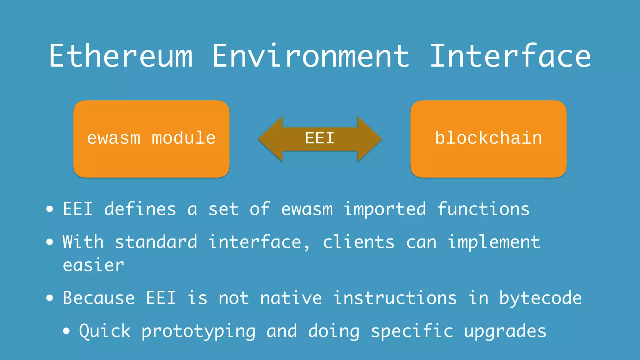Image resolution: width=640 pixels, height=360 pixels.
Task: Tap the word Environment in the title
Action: pyautogui.click(x=311, y=56)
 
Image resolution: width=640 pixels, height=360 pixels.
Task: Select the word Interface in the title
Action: pyautogui.click(x=510, y=56)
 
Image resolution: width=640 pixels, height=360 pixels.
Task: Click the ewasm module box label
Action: pyautogui.click(x=151, y=138)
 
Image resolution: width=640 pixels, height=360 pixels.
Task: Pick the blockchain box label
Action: pyautogui.click(x=488, y=138)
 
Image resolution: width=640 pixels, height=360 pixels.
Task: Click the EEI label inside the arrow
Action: pyautogui.click(x=320, y=138)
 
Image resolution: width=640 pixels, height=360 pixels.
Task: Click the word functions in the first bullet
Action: pyautogui.click(x=483, y=209)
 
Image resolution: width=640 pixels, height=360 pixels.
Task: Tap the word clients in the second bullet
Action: pyautogui.click(x=358, y=242)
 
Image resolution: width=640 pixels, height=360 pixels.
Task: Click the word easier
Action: pyautogui.click(x=93, y=265)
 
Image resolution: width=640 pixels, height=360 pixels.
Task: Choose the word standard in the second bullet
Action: pyautogui.click(x=156, y=242)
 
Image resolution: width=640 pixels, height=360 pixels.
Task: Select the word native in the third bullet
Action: pyautogui.click(x=291, y=298)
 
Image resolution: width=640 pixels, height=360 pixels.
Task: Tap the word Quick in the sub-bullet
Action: pyautogui.click(x=105, y=331)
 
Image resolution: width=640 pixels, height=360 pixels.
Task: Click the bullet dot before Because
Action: pyautogui.click(x=50, y=298)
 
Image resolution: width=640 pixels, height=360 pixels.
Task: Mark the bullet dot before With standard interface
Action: pyautogui.click(x=50, y=242)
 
